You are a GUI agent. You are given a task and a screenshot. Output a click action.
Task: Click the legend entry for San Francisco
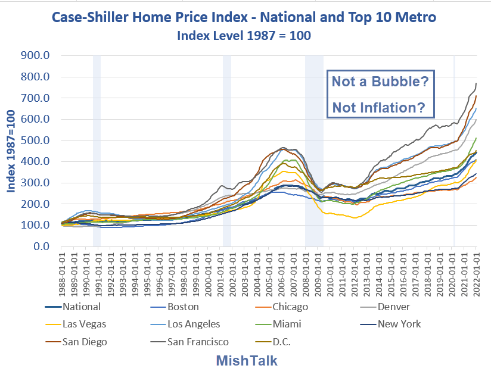click(x=197, y=342)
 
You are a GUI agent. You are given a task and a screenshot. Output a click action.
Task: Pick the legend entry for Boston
click(x=183, y=307)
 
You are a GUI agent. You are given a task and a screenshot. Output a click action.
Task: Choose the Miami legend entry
click(x=288, y=324)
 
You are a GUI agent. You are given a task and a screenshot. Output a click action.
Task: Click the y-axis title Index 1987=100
click(x=11, y=151)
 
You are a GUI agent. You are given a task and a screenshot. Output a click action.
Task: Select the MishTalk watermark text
click(x=246, y=361)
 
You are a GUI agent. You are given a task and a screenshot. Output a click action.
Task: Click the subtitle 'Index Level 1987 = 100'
click(x=244, y=35)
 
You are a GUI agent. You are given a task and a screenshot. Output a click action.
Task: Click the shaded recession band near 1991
click(x=97, y=149)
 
